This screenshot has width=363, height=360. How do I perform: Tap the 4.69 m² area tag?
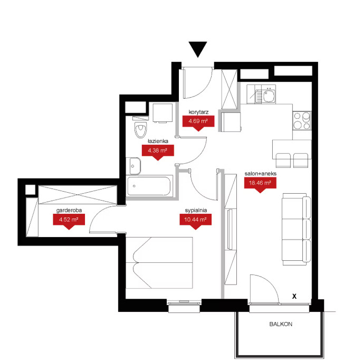[198, 122]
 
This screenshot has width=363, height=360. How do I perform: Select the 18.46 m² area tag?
[260, 184]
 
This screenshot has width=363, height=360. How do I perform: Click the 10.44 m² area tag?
[196, 221]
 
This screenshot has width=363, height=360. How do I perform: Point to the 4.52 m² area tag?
[69, 221]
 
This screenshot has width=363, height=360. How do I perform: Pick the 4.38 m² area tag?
[158, 151]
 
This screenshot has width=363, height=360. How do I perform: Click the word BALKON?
[281, 324]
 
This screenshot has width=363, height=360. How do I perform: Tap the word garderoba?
[69, 210]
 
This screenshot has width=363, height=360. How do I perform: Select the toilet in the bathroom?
[140, 127]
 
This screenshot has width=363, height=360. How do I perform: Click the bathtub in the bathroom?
[149, 187]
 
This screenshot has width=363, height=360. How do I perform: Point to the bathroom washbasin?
[133, 166]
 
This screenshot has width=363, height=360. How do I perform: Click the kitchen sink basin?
[269, 96]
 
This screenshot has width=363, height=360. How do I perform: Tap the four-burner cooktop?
[302, 121]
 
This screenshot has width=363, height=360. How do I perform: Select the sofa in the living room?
[297, 229]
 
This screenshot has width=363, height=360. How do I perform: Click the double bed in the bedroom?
[159, 263]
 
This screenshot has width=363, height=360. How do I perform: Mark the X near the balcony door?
[294, 296]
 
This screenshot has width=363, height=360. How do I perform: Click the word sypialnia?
[196, 210]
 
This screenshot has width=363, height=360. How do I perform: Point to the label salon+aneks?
[261, 174]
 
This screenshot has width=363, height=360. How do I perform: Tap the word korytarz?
[198, 112]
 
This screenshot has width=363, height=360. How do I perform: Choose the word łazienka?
[158, 141]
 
